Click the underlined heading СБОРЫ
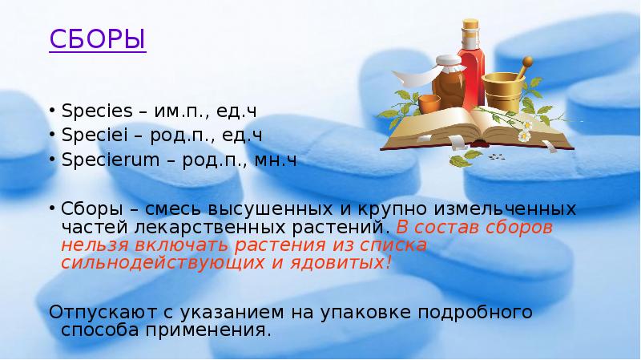point(97,38)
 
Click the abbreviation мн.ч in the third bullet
point(277,160)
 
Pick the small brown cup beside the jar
point(428,104)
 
